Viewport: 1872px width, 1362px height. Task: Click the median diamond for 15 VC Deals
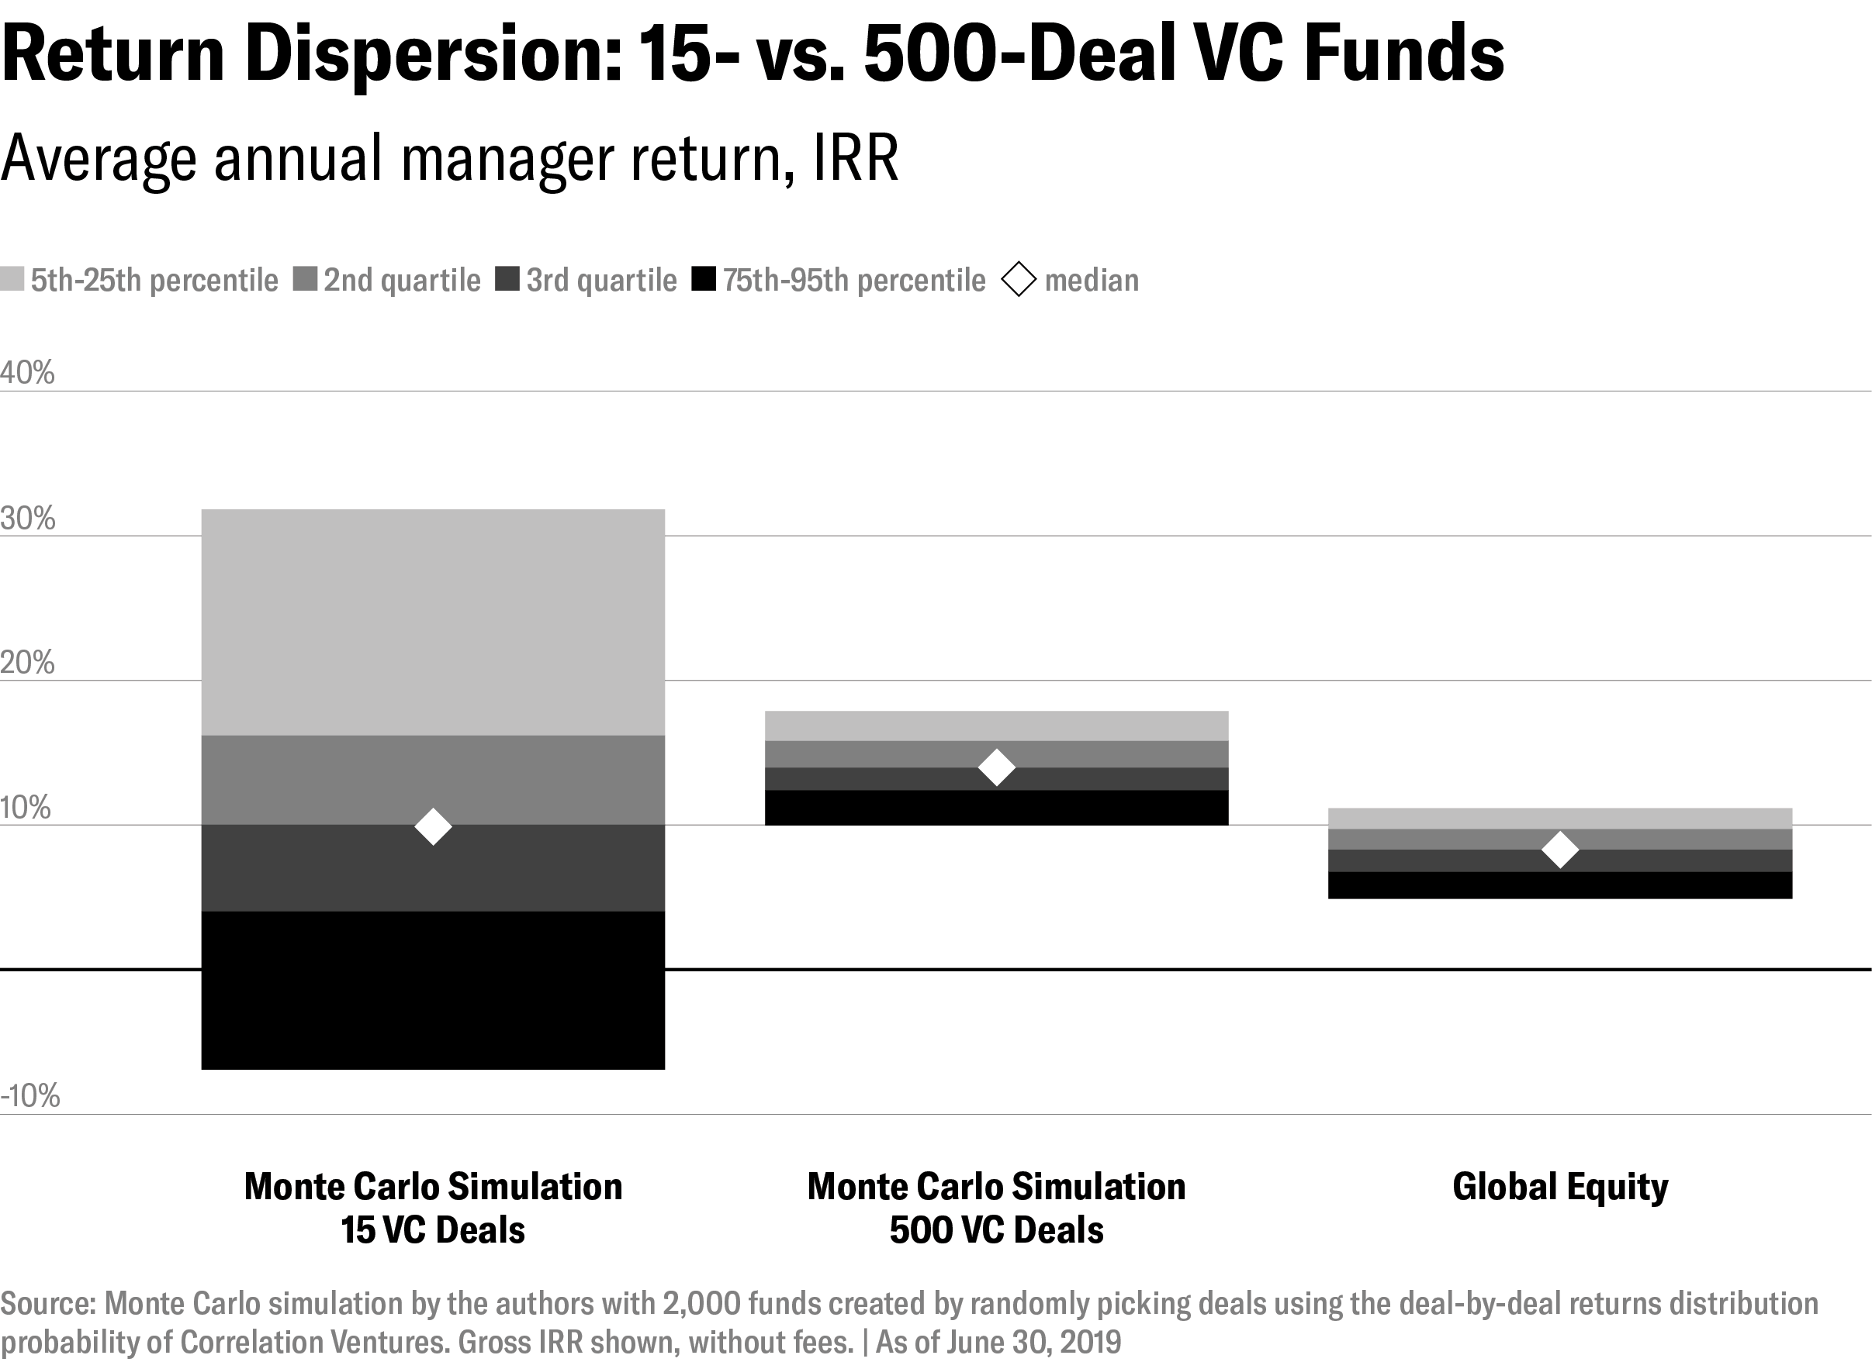point(434,826)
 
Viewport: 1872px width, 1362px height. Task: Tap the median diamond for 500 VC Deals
point(996,767)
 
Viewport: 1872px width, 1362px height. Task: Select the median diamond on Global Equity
point(1560,850)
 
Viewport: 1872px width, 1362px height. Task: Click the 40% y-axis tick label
point(27,373)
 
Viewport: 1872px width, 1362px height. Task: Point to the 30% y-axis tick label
point(28,519)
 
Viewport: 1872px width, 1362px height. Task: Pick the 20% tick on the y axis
point(28,663)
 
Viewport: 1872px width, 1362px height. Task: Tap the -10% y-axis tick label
point(30,1096)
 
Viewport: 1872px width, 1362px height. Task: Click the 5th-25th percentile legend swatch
point(12,279)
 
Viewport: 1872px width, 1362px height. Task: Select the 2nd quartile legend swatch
point(305,279)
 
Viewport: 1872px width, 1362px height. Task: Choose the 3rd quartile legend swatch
point(507,279)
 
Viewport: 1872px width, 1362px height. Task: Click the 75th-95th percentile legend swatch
point(703,279)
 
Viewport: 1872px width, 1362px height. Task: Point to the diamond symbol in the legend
point(1019,280)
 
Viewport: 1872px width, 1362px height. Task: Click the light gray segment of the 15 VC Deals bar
point(434,622)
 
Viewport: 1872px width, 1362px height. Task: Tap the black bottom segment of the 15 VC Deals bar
point(434,990)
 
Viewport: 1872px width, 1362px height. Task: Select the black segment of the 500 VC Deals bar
point(996,808)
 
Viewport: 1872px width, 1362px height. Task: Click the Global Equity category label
point(1560,1187)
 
